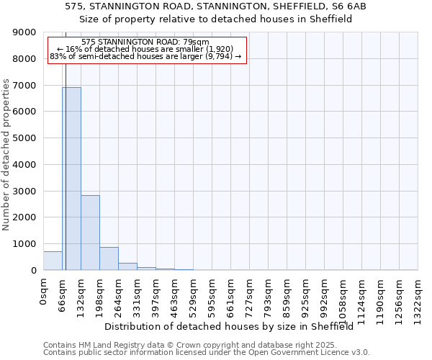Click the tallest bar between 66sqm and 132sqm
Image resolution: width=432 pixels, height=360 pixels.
pyautogui.click(x=71, y=179)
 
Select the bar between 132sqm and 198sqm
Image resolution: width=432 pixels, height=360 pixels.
pyautogui.click(x=90, y=233)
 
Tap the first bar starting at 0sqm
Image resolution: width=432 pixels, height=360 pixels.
pyautogui.click(x=53, y=261)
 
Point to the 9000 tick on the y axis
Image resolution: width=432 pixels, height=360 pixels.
pyautogui.click(x=25, y=32)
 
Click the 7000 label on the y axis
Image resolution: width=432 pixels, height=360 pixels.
pyautogui.click(x=25, y=86)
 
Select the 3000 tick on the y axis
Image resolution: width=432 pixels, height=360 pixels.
pyautogui.click(x=25, y=191)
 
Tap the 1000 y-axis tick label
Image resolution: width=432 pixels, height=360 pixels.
pyautogui.click(x=25, y=244)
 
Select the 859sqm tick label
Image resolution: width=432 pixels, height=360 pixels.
pyautogui.click(x=287, y=295)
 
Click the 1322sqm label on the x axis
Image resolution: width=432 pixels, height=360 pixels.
pyautogui.click(x=418, y=298)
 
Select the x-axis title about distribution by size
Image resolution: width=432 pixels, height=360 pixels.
pyautogui.click(x=234, y=326)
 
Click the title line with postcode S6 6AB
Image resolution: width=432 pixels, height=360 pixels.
pyautogui.click(x=215, y=6)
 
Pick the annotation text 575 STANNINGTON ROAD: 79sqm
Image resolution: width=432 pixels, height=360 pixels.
pyautogui.click(x=145, y=42)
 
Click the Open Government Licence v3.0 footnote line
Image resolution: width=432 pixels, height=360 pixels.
pyautogui.click(x=207, y=353)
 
